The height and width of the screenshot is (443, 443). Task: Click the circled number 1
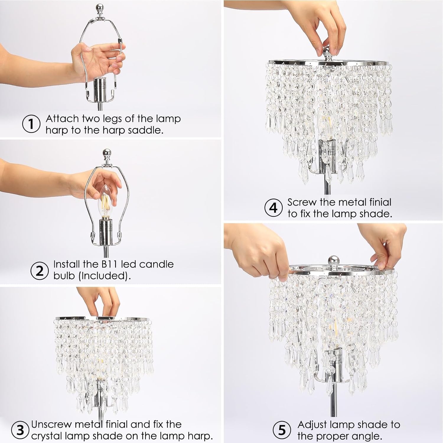tap(31, 124)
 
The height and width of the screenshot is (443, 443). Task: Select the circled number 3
tap(20, 430)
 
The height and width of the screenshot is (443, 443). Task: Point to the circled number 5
tap(282, 430)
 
